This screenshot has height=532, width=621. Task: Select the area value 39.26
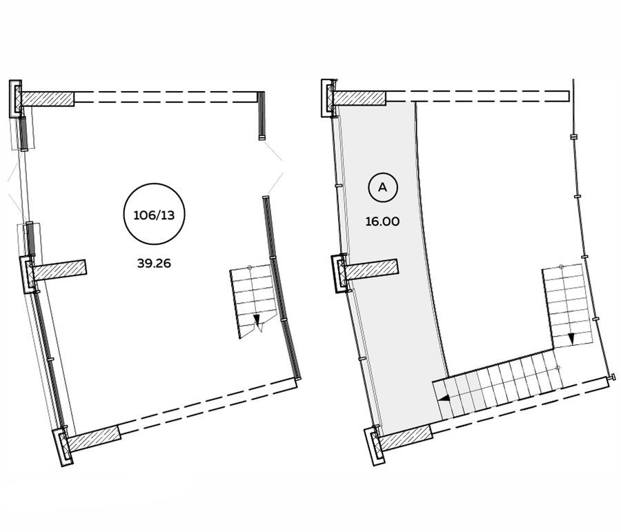pyautogui.click(x=154, y=263)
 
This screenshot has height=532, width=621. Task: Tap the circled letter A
pyautogui.click(x=383, y=187)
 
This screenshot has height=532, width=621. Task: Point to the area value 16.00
pyautogui.click(x=382, y=221)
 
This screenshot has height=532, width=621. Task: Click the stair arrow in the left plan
pyautogui.click(x=257, y=319)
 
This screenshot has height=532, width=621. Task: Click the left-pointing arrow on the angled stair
pyautogui.click(x=444, y=400)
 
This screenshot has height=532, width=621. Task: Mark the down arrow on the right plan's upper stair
pyautogui.click(x=571, y=338)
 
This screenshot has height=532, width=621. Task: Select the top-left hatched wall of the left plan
pyautogui.click(x=48, y=99)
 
